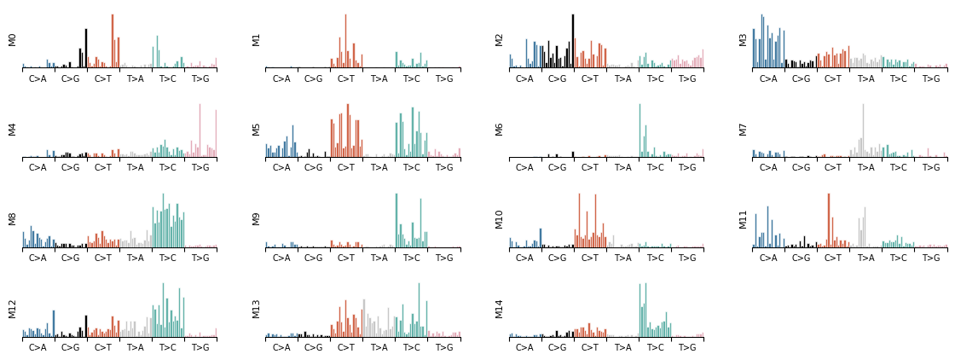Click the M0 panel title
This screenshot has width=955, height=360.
coord(13,40)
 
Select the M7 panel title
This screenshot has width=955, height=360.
coord(744,130)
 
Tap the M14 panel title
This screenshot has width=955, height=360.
coord(500,309)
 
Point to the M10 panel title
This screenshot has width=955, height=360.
coord(500,219)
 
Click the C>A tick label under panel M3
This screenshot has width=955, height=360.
coord(768,79)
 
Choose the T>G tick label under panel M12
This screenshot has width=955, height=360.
coord(200,348)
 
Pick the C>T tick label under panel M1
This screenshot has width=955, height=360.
coord(346,79)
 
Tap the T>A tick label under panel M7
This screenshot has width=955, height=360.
coord(865,169)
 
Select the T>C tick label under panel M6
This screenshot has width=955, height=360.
coord(655,169)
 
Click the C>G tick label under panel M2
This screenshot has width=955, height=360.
coord(558,79)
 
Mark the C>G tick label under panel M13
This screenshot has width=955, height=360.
coord(314,348)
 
